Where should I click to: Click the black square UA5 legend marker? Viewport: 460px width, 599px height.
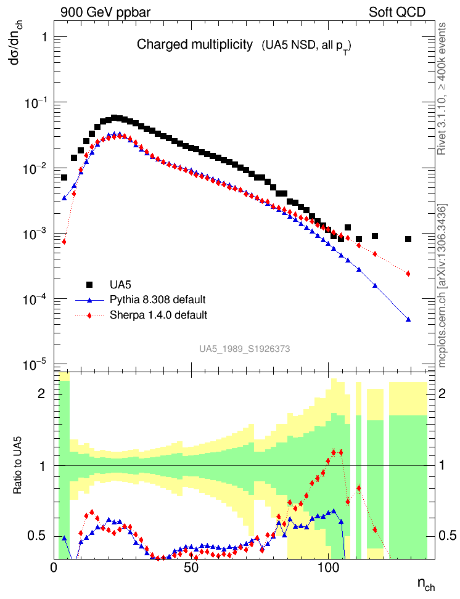coord(89,284)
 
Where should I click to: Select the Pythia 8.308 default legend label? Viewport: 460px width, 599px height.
coord(158,299)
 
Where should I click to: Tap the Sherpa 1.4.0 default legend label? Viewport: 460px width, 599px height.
coord(158,315)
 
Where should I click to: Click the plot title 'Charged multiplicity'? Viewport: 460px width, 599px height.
coord(195,44)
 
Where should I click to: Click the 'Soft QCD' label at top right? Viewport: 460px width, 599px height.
coord(397,12)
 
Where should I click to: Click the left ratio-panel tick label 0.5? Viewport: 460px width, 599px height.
coord(38,535)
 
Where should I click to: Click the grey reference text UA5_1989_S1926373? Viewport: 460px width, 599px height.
coord(244,349)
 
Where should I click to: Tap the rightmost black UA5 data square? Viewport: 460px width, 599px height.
coord(408,239)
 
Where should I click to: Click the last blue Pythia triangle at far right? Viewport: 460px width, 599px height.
coord(408,319)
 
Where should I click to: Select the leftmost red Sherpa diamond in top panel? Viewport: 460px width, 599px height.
coord(64,242)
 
